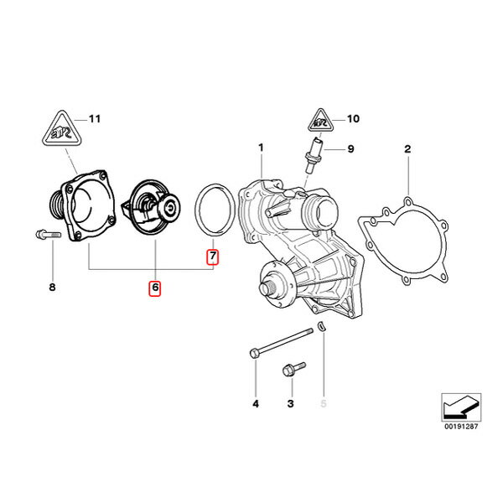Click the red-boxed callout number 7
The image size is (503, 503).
[212, 257]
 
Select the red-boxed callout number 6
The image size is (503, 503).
[154, 288]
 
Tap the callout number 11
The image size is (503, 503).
[95, 119]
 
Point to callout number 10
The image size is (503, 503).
[353, 119]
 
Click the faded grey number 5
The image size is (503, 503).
[324, 403]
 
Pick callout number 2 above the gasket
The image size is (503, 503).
[407, 149]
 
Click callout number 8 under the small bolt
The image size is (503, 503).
[52, 287]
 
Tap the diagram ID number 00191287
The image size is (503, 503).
[461, 427]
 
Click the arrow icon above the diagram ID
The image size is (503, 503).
[461, 407]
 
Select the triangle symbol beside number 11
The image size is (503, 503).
[62, 130]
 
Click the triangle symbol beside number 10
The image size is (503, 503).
[320, 121]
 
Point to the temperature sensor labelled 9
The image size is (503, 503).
[313, 155]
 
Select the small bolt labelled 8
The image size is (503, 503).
[48, 235]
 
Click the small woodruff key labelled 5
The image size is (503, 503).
[321, 325]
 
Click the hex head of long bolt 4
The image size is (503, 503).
[254, 353]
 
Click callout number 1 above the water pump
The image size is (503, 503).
[261, 148]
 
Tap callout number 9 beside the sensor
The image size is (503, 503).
[350, 149]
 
